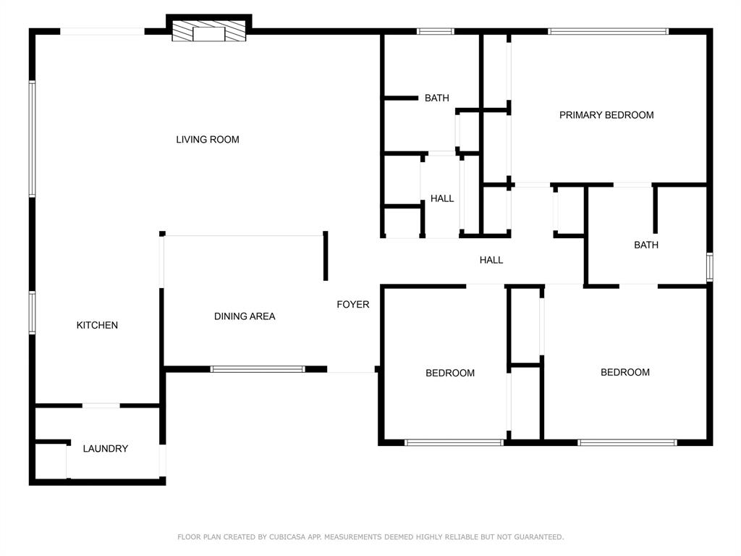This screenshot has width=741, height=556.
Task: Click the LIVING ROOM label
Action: pos(208,139)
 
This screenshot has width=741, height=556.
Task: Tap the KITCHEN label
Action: pos(97,325)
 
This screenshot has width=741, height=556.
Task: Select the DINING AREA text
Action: pos(245,316)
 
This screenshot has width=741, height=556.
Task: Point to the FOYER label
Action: pos(353,304)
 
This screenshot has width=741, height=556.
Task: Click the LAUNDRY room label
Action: pos(105,448)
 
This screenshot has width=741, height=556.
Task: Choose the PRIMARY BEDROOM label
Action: pos(606,114)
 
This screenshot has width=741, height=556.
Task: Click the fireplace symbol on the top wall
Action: pos(209,33)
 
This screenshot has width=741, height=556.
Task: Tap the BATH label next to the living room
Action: pos(436,98)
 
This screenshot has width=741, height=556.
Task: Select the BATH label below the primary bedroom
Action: pos(646,245)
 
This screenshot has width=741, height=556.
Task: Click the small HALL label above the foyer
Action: pos(442,198)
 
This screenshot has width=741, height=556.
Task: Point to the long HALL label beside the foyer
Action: pos(491,260)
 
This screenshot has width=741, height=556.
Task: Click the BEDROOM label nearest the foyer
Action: pos(450,373)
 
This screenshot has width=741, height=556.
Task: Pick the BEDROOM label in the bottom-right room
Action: pos(625,372)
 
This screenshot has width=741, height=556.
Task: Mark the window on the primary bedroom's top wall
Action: pos(608,31)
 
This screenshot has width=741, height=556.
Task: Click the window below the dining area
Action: pos(258,369)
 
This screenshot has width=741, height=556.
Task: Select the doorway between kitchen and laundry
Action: pos(101,405)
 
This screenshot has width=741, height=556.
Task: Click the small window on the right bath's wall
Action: pos(709,267)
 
